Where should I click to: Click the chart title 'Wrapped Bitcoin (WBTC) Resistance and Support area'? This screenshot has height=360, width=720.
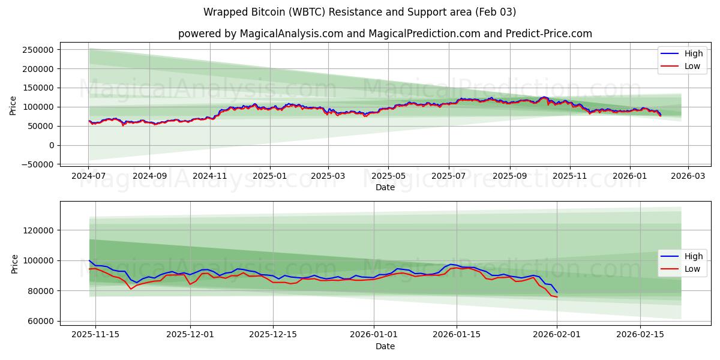pyautogui.click(x=359, y=12)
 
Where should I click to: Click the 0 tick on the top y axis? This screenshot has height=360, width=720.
pyautogui.click(x=52, y=145)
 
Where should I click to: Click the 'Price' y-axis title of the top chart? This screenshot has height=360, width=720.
pyautogui.click(x=13, y=106)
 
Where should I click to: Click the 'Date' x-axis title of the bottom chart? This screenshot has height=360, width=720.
pyautogui.click(x=385, y=346)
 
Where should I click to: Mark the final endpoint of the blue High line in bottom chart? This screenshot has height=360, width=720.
pyautogui.click(x=557, y=292)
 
